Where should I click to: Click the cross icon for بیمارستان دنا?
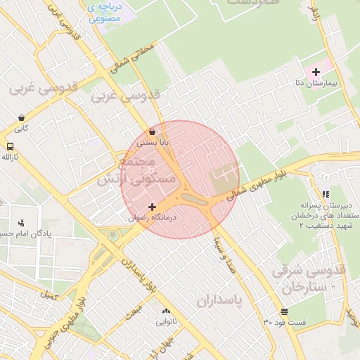(316, 72)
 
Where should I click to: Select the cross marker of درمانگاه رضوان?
(153, 207)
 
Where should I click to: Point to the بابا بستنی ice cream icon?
(153, 131)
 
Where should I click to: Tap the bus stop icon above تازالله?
(10, 147)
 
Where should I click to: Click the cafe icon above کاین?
(21, 118)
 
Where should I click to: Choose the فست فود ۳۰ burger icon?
(284, 312)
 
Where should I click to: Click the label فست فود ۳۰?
(285, 322)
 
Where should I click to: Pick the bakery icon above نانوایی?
(166, 311)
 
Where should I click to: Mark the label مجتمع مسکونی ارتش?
(127, 171)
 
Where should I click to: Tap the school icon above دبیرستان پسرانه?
(326, 194)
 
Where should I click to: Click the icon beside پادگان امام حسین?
(21, 223)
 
